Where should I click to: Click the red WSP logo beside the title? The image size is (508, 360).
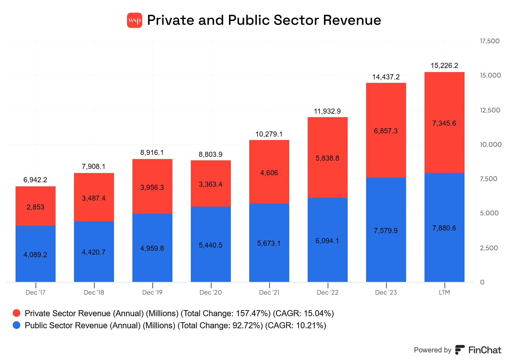[x=135, y=20]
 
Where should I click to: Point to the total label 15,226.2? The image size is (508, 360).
[x=444, y=65]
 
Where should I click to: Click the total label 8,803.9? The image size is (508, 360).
[x=211, y=154]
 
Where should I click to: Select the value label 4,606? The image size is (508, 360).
[x=269, y=173]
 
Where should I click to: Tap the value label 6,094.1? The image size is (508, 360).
[x=327, y=241]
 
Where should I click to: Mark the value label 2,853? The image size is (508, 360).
[x=36, y=207]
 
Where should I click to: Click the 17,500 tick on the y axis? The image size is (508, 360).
[x=490, y=41]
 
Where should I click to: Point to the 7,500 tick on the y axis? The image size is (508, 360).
[x=489, y=179]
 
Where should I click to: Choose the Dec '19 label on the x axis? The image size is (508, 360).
[x=152, y=292]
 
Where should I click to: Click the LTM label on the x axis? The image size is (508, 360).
[x=444, y=292]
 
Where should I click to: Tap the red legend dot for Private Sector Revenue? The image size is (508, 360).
[x=17, y=313]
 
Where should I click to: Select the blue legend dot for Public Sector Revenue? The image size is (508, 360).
[x=17, y=325]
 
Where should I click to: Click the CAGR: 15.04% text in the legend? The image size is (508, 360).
[x=304, y=313]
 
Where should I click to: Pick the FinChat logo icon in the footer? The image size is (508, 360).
[x=460, y=350]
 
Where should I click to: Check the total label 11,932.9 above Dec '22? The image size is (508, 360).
[x=327, y=111]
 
